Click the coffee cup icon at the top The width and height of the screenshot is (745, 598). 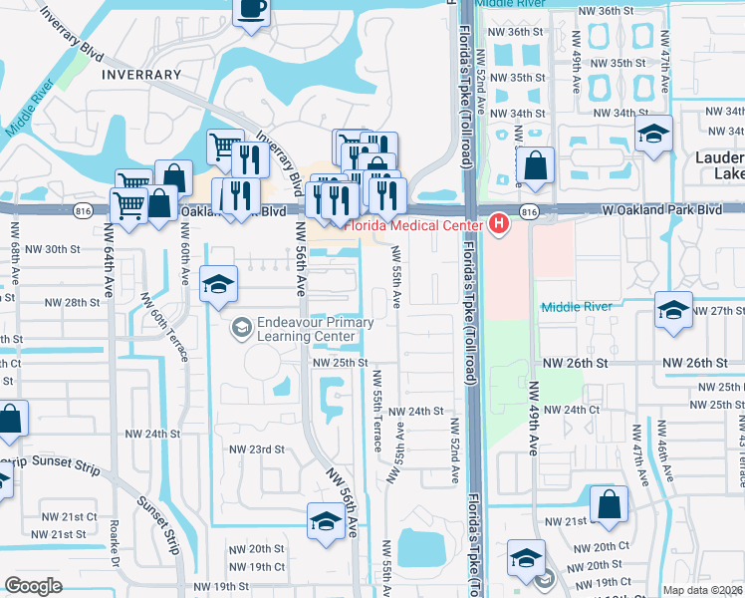251,10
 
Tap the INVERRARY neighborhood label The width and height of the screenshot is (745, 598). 140,75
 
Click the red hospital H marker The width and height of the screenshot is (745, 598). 498,224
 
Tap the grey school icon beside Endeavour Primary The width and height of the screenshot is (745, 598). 242,327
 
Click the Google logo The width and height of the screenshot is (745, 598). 33,586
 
